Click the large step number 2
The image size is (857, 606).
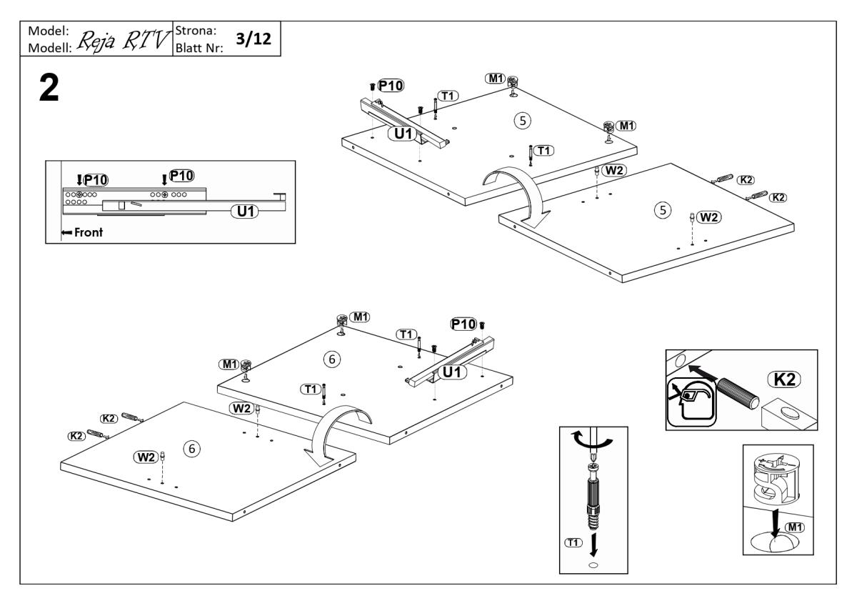click(49, 88)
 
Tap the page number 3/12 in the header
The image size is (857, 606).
click(254, 39)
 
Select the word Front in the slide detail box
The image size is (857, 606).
click(89, 232)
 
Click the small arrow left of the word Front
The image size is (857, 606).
click(66, 232)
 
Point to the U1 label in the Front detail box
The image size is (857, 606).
click(245, 212)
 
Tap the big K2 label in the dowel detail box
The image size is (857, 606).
click(784, 379)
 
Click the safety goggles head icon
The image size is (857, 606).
click(691, 402)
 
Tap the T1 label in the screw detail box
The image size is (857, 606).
click(573, 542)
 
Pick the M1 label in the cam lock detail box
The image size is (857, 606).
click(795, 527)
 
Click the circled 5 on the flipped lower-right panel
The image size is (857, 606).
click(663, 210)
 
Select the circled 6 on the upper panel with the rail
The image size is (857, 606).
click(331, 359)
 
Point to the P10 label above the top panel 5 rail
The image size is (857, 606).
click(391, 86)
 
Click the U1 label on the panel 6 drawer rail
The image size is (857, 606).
click(452, 372)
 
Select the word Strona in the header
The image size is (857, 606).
click(196, 31)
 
